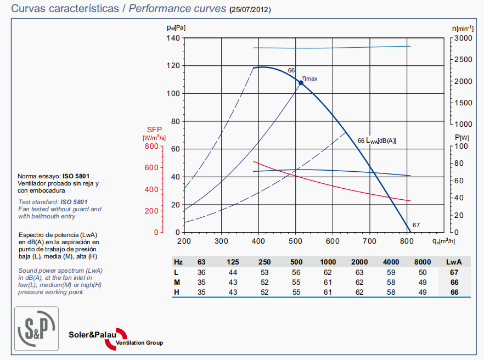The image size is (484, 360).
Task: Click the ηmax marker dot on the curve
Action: click(x=301, y=82)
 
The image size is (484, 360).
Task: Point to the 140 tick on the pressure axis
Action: click(x=173, y=38)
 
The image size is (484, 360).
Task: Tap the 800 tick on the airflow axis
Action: click(x=407, y=241)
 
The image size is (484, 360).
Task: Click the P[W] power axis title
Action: click(x=462, y=137)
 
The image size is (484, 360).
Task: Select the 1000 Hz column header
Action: click(x=329, y=262)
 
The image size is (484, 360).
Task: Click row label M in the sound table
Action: click(x=177, y=282)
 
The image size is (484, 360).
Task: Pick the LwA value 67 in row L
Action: click(x=454, y=272)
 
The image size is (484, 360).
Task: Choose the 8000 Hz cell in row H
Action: click(x=423, y=292)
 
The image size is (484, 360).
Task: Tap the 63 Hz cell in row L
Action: click(x=201, y=272)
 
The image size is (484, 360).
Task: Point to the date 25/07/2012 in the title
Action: click(x=250, y=9)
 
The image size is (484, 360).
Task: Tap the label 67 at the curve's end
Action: click(x=416, y=225)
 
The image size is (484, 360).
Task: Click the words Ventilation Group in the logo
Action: click(x=139, y=343)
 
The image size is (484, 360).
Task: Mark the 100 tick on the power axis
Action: click(x=462, y=146)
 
